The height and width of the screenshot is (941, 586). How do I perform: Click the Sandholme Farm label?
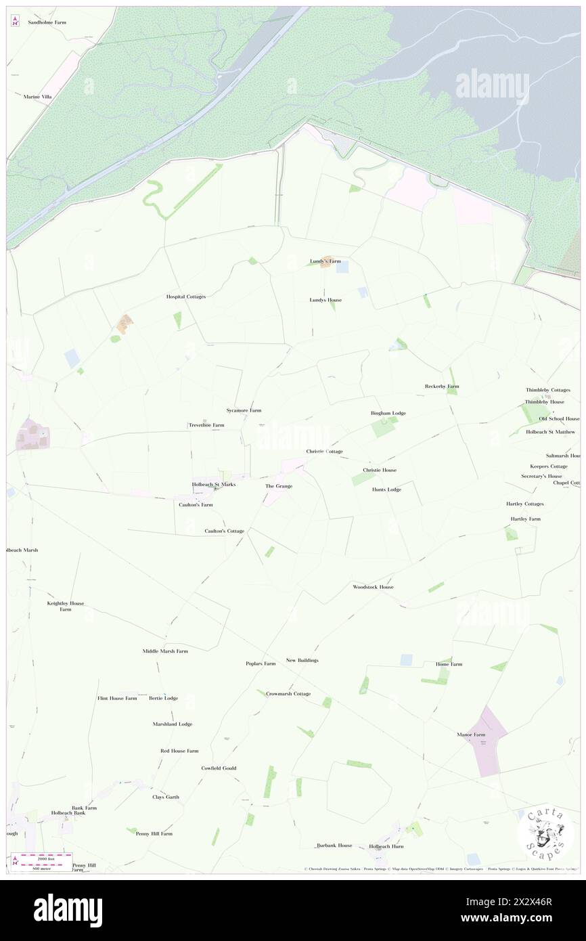[x=47, y=22]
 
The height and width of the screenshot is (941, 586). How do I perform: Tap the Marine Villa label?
[x=37, y=97]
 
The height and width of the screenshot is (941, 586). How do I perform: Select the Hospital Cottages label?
[x=186, y=297]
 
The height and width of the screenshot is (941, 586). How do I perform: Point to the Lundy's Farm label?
[x=325, y=261]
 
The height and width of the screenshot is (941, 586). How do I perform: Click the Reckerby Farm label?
[x=442, y=386]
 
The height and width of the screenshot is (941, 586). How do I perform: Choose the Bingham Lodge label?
[x=388, y=413]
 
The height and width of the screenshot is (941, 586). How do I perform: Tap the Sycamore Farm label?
[x=244, y=410]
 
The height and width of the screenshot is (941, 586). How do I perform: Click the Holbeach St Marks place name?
[x=213, y=485]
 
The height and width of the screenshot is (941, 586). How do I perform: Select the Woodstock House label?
[x=373, y=587]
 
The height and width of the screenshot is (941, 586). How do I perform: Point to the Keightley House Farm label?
[x=65, y=606]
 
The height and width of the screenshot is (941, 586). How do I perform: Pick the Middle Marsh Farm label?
[x=165, y=651]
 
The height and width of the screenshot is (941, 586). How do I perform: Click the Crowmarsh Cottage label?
[x=288, y=694]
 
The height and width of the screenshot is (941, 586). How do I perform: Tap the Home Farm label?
[x=449, y=664]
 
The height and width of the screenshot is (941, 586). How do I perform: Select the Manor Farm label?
[x=471, y=735]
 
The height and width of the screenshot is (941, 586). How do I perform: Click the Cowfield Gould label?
[x=219, y=768]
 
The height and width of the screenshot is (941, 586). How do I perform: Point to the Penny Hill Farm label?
[x=154, y=833]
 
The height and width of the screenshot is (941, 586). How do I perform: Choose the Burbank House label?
[x=335, y=845]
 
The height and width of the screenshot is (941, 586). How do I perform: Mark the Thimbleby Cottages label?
[x=548, y=390]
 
